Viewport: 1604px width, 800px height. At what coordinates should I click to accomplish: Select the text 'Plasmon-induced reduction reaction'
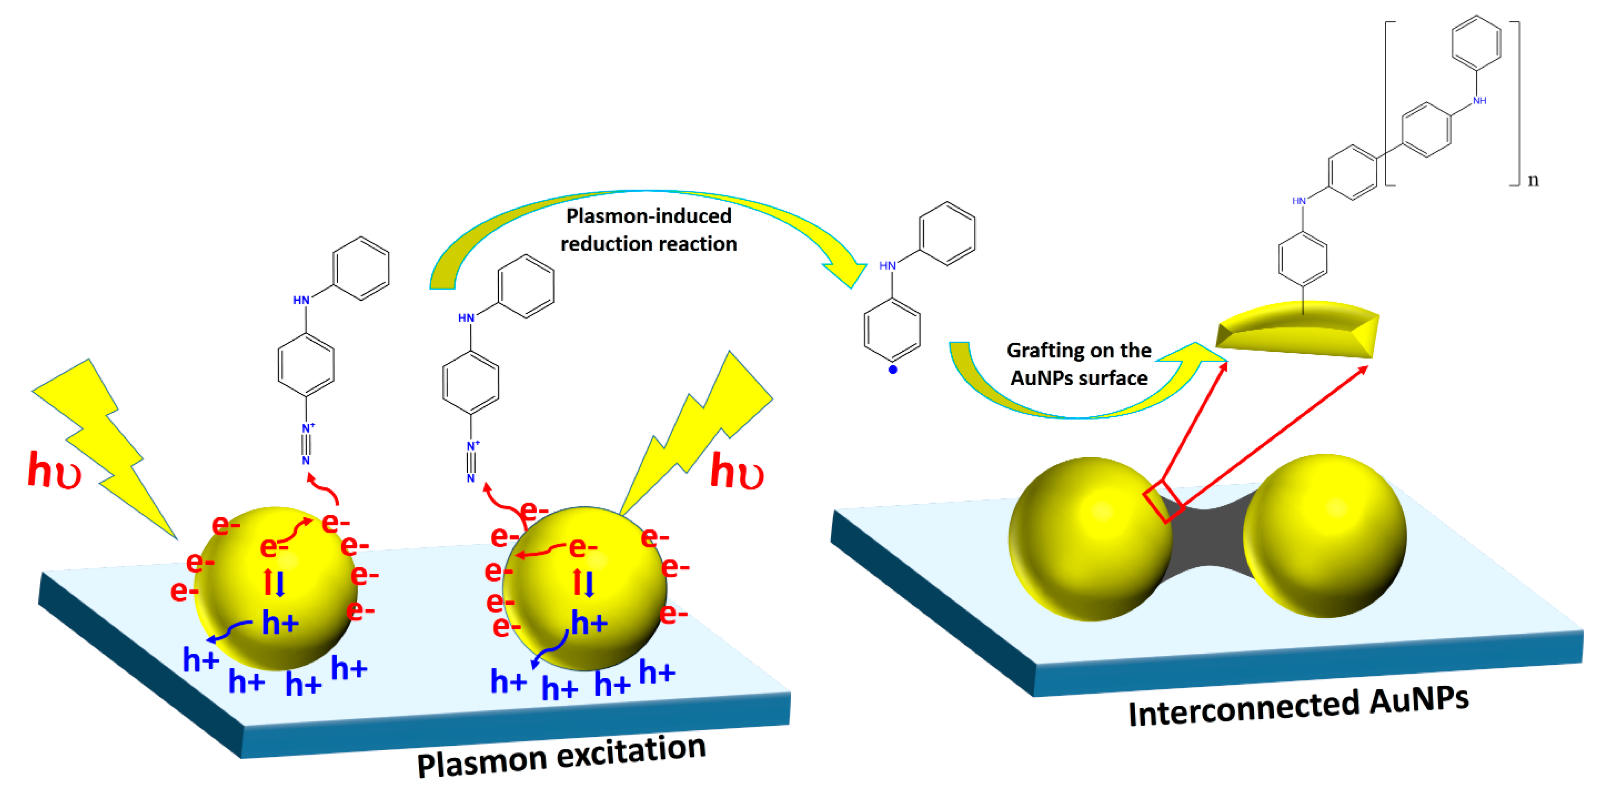648,229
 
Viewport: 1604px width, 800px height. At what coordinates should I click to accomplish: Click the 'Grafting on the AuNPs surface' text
1078,364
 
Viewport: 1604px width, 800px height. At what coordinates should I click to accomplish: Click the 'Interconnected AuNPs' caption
1298,707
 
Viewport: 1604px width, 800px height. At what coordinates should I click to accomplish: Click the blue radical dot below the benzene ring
893,370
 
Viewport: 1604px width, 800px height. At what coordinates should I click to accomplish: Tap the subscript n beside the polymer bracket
1533,180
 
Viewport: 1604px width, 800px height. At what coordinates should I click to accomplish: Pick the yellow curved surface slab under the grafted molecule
1298,330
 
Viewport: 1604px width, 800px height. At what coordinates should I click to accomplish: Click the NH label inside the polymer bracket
1479,100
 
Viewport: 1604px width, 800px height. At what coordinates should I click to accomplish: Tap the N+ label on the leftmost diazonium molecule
307,428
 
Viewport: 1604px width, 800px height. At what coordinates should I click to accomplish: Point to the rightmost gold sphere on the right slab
1325,536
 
